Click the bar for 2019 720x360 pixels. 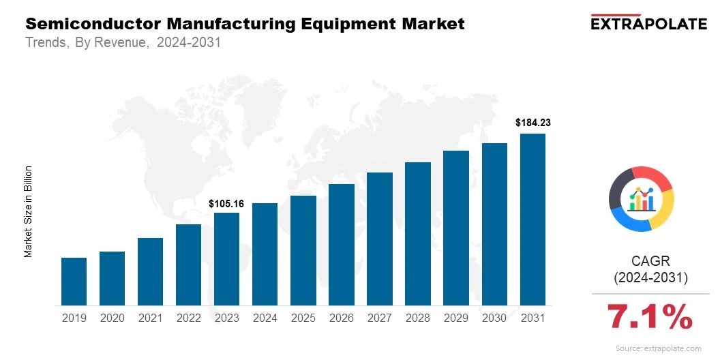(74, 281)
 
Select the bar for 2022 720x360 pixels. (188, 265)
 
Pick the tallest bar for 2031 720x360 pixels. (532, 219)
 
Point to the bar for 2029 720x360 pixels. (456, 228)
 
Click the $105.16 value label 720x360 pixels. (226, 203)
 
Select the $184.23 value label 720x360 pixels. (532, 123)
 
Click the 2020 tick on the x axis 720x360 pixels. (112, 318)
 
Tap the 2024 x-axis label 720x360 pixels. (265, 318)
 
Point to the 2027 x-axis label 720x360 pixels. (379, 318)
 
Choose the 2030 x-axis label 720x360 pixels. (494, 318)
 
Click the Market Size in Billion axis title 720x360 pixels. (29, 211)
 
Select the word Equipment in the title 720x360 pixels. (338, 24)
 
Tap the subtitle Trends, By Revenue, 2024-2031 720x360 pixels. (123, 42)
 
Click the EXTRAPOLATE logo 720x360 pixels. (648, 23)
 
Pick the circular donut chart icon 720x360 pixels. (641, 198)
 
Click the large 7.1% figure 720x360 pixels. (650, 316)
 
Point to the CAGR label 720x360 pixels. (650, 261)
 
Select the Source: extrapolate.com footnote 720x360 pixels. (658, 348)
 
